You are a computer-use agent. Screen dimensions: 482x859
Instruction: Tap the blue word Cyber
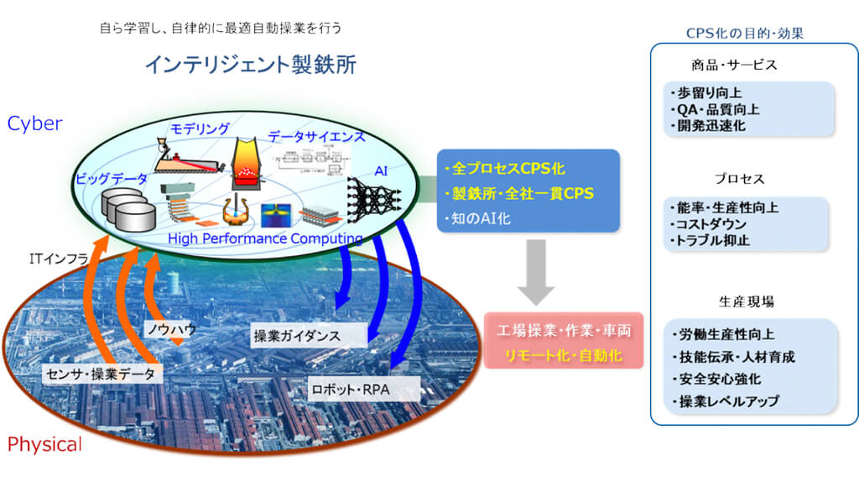35,123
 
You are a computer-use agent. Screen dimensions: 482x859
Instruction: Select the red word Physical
44,444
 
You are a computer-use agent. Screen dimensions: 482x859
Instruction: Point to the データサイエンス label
317,136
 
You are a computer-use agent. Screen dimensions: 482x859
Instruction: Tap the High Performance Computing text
265,239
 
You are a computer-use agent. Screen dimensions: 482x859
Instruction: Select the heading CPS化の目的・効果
757,34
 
